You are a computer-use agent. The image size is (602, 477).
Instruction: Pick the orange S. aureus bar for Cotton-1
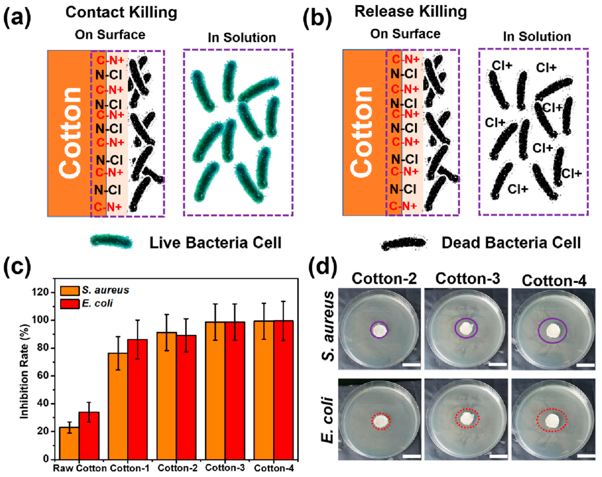click(118, 406)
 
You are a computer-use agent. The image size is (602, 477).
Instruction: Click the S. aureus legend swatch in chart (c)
click(70, 291)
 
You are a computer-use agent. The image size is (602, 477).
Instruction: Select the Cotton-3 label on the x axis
click(225, 468)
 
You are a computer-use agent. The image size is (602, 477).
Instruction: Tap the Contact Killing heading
click(121, 12)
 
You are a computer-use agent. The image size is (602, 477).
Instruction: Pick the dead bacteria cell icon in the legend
click(404, 243)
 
